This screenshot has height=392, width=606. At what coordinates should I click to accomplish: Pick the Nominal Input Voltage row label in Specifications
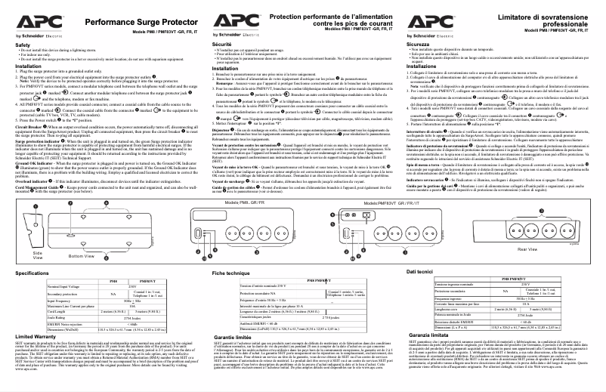pyautogui.click(x=59, y=286)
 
